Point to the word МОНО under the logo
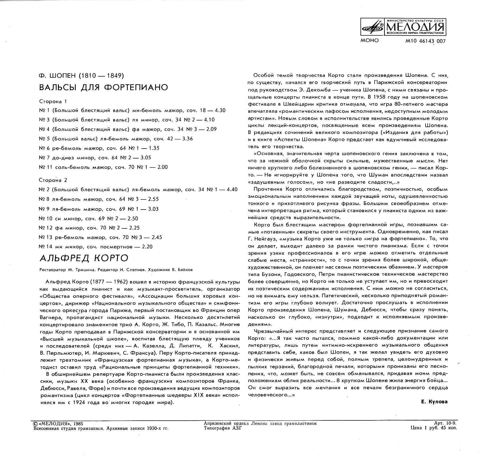coord(369,41)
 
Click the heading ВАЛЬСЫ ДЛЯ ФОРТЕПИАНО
coord(104,87)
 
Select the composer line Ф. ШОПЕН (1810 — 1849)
coord(82,76)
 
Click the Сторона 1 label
coord(53,101)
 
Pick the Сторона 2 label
coord(53,180)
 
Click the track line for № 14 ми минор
coord(96,246)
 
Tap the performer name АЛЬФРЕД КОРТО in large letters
coord(84,258)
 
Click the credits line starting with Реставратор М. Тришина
coord(116,270)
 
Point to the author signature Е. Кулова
coord(434,402)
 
